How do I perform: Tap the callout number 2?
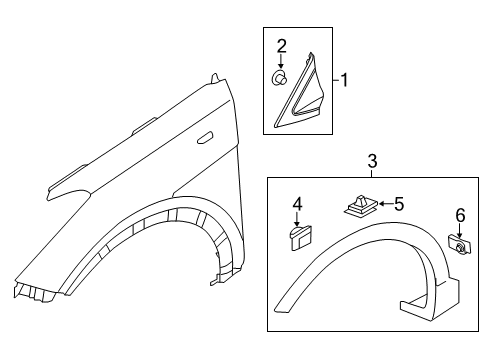coord(282,45)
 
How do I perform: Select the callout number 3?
coord(372,161)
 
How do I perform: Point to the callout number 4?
coord(297,205)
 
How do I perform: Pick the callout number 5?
coord(398,204)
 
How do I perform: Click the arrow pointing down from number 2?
coord(282,60)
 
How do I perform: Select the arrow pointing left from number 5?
coord(380,205)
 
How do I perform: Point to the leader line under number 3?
coord(372,172)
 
